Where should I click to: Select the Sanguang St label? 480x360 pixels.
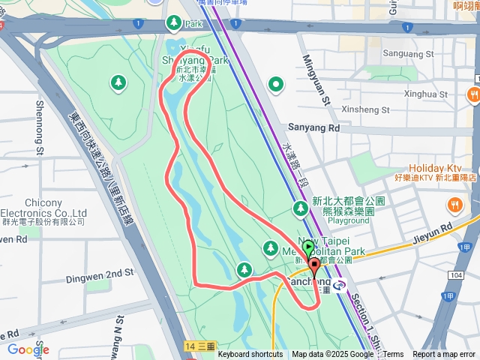(408, 54)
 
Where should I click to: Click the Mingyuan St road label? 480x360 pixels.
(316, 79)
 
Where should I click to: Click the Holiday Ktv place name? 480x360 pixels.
(436, 168)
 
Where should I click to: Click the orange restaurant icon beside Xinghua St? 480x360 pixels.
(473, 94)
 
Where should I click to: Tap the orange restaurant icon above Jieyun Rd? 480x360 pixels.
(454, 205)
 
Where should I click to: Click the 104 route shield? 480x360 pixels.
(456, 276)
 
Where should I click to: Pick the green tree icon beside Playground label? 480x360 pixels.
(300, 208)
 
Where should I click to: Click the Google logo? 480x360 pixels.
(28, 349)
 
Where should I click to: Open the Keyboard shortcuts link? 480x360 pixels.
(250, 355)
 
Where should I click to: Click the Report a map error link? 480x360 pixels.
(444, 355)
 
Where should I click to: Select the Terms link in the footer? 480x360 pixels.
(394, 355)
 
